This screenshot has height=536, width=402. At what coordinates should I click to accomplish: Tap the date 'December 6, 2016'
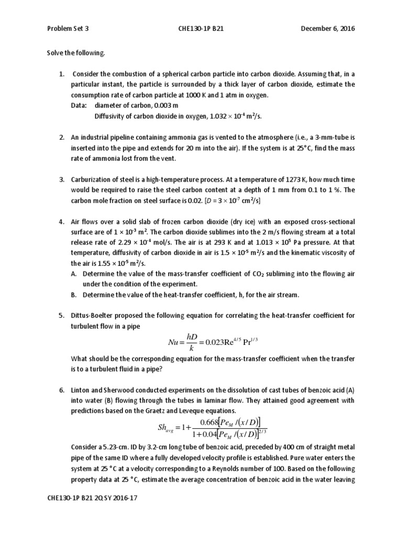point(327,29)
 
